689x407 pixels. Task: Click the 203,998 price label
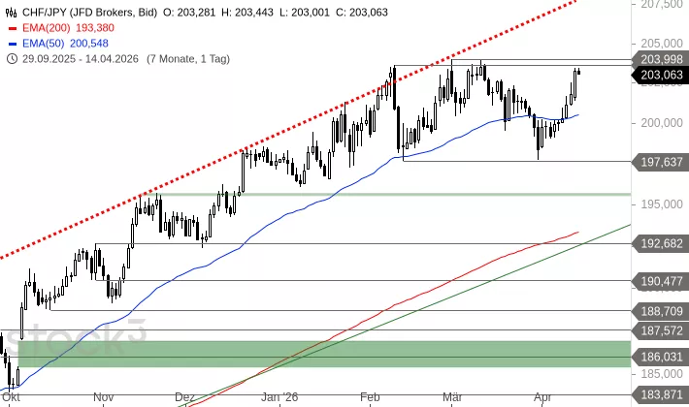pyautogui.click(x=661, y=60)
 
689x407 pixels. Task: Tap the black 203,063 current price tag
pyautogui.click(x=661, y=75)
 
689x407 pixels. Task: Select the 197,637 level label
pyautogui.click(x=661, y=162)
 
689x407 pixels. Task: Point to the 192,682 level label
pyautogui.click(x=661, y=244)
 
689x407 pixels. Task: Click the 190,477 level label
pyautogui.click(x=661, y=281)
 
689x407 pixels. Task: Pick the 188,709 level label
pyautogui.click(x=661, y=311)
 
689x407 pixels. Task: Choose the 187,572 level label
pyautogui.click(x=661, y=330)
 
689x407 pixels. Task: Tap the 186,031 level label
pyautogui.click(x=661, y=357)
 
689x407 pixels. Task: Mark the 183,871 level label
pyautogui.click(x=661, y=393)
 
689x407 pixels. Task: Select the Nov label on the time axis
pyautogui.click(x=105, y=397)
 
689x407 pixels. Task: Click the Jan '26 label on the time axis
pyautogui.click(x=279, y=397)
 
